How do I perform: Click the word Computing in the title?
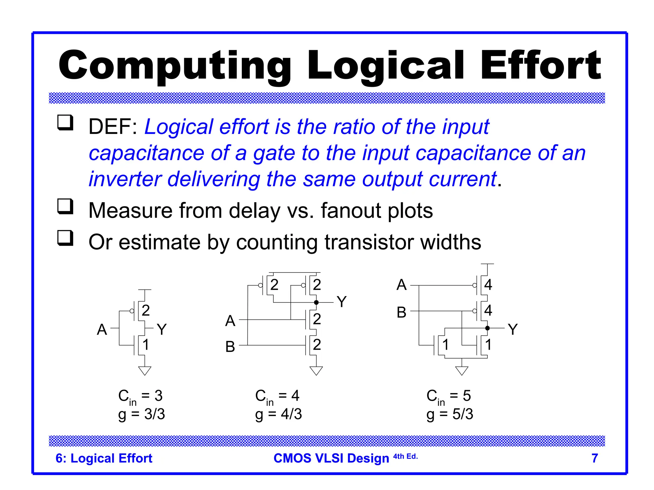coord(174,66)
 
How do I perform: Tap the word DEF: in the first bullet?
coord(113,127)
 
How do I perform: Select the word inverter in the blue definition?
coord(125,179)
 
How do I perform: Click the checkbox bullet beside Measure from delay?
coord(65,206)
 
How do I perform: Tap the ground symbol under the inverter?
coord(145,370)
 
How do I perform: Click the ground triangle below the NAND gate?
coord(316,370)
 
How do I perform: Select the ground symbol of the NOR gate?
coord(462,370)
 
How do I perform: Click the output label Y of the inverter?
coord(162,329)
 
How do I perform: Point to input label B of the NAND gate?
coord(230,346)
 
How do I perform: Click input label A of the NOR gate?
coord(401,285)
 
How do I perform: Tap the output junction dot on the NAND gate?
coord(316,302)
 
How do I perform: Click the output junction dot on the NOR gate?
coord(487,328)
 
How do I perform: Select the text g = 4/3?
coord(278,414)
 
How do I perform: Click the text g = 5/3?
coord(450,414)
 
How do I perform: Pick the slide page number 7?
coord(595,458)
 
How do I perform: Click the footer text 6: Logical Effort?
coord(104,458)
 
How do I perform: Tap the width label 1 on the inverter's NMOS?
coord(146,345)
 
